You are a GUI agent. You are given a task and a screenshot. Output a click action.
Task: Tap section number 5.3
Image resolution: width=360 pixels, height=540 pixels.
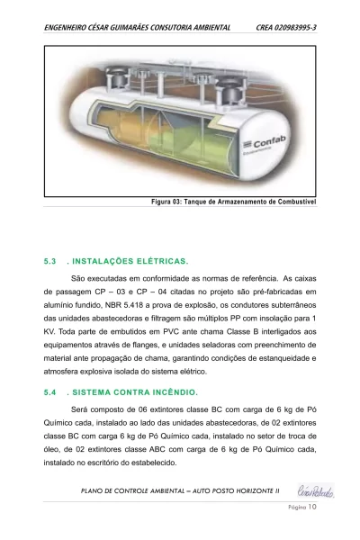(x=50, y=262)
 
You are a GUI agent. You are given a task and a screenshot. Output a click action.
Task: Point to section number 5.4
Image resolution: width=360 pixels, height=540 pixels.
(x=50, y=392)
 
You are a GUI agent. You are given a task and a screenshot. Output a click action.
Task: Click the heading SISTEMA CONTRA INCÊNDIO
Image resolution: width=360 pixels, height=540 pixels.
(x=134, y=392)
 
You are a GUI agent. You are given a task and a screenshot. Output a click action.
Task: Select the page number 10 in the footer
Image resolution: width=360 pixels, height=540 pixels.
(x=313, y=508)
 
